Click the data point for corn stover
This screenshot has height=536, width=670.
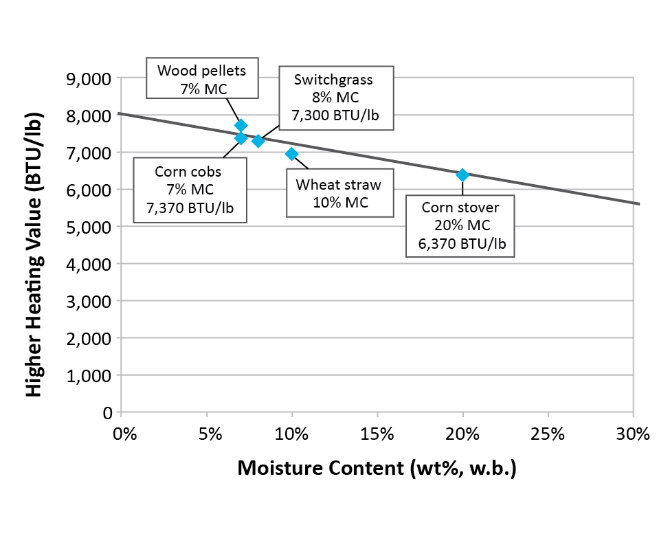462,175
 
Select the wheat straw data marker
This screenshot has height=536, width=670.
291,153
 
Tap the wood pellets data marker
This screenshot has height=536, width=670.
241,125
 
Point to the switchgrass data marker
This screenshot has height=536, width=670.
258,141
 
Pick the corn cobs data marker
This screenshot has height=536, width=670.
241,137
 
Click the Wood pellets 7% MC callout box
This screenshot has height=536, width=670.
201,79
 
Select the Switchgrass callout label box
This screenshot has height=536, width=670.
335,98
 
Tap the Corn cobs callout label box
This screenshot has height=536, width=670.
190,190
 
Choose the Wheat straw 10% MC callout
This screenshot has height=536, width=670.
337,193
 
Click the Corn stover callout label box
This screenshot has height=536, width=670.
460,225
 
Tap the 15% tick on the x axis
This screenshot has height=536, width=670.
377,435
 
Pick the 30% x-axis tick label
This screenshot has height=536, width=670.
633,435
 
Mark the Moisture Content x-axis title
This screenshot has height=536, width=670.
377,469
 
